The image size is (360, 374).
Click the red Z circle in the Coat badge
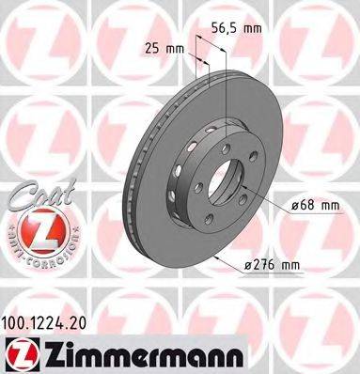pyautogui.click(x=35, y=229)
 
